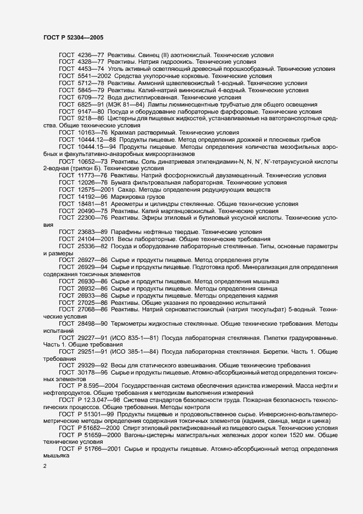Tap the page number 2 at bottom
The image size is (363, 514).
click(44, 467)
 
